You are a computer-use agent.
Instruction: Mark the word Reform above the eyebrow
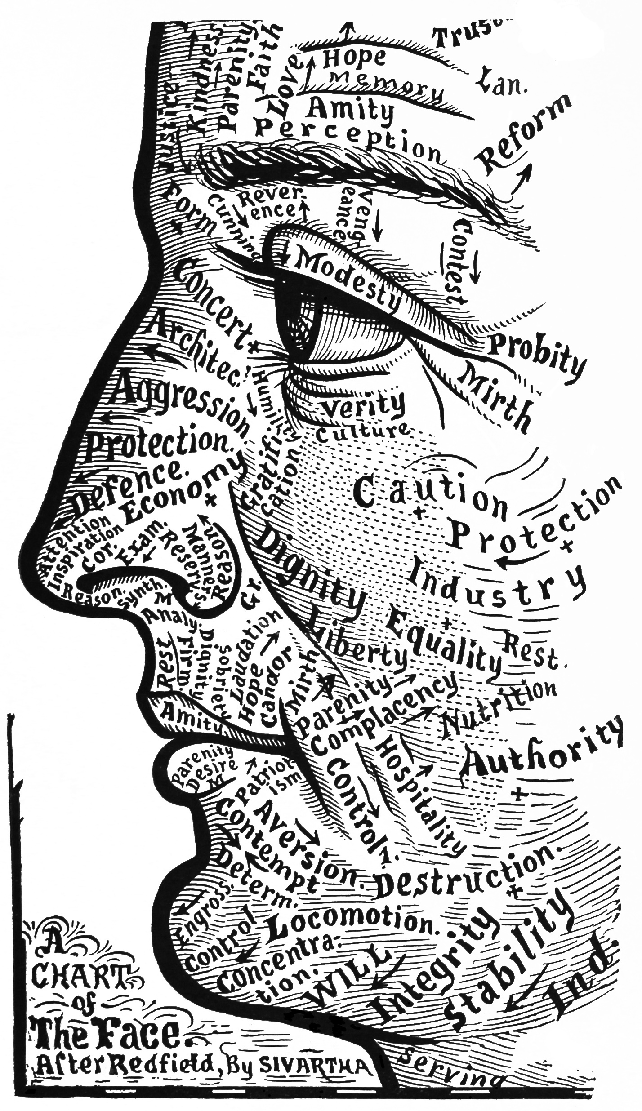524,130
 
